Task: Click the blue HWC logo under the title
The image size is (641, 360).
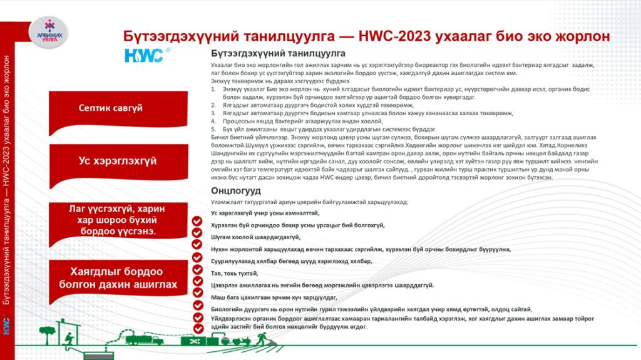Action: coord(143,56)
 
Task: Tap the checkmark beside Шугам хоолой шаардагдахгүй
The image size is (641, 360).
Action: coord(197,237)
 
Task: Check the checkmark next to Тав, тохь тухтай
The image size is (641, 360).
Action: coord(197,274)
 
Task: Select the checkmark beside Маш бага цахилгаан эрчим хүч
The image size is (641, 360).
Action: coord(197,298)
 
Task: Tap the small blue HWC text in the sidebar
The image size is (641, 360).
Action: coord(6,327)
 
